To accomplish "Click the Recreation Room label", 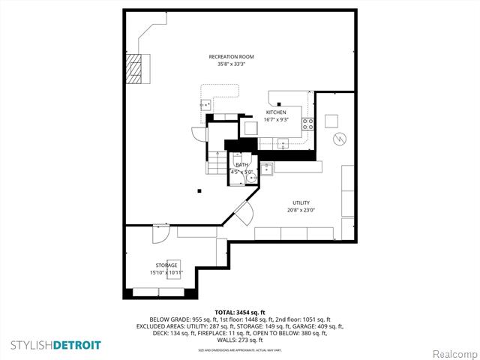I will click(232, 56).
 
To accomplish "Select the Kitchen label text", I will click(275, 112).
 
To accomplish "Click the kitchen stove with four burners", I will click(307, 123).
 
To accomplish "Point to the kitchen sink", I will click(283, 143).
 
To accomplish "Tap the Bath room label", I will click(241, 164).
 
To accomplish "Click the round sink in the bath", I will click(251, 177).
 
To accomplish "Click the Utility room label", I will click(301, 203).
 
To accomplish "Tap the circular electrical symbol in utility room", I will click(339, 139).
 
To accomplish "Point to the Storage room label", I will click(166, 265).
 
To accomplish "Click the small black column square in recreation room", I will click(199, 190).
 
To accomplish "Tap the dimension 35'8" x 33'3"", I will click(232, 64).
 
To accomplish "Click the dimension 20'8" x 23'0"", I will click(301, 211).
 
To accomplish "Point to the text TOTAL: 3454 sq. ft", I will click(239, 312).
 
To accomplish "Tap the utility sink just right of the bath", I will click(267, 168).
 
